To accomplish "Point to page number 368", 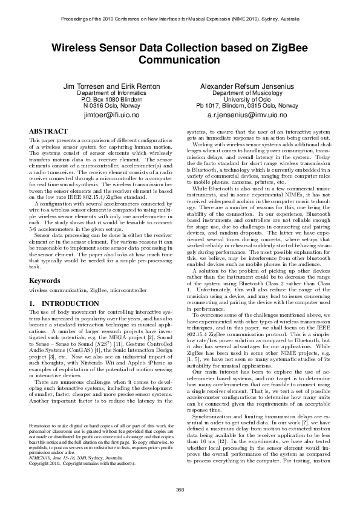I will (x=180, y=489).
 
